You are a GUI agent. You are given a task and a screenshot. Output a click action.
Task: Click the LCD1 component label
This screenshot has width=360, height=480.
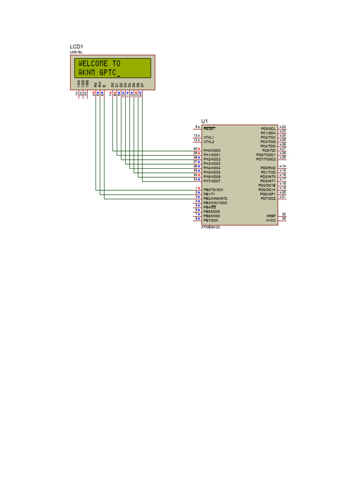point(76,46)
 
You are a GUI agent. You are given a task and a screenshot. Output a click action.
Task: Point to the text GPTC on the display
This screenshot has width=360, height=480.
point(107,73)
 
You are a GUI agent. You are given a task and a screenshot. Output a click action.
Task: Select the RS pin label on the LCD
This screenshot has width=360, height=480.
point(96,85)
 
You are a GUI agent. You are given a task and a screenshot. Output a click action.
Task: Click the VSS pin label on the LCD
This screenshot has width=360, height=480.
point(78,84)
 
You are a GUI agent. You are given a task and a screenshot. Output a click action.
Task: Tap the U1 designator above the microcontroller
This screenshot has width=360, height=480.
point(204,121)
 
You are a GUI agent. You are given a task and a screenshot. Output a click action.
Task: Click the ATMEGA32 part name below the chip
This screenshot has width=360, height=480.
point(210,227)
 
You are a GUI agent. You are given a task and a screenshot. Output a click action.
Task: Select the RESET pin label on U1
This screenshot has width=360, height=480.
point(210,128)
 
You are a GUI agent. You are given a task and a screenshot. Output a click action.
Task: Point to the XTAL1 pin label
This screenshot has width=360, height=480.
point(209,137)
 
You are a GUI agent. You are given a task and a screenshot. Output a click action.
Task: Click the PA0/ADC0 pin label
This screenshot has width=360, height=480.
point(212,150)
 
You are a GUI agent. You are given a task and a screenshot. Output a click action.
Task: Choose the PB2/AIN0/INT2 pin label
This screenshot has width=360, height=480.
point(216,199)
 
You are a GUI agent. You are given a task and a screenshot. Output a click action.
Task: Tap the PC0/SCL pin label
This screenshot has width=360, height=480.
point(268,128)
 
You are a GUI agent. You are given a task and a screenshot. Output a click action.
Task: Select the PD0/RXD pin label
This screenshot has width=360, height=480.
point(268,168)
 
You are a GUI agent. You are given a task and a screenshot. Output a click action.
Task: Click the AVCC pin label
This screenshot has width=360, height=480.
point(271,220)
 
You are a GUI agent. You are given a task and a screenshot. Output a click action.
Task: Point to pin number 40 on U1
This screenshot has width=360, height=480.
point(195,149)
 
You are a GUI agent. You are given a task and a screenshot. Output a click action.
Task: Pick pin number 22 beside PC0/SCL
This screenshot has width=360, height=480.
point(284,127)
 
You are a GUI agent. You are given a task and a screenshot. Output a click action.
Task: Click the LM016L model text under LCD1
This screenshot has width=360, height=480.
point(76,52)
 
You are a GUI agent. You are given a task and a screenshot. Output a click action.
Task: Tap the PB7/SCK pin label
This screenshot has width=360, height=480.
point(211,220)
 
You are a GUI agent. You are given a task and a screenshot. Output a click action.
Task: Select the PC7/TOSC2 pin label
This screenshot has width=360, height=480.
point(266,159)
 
